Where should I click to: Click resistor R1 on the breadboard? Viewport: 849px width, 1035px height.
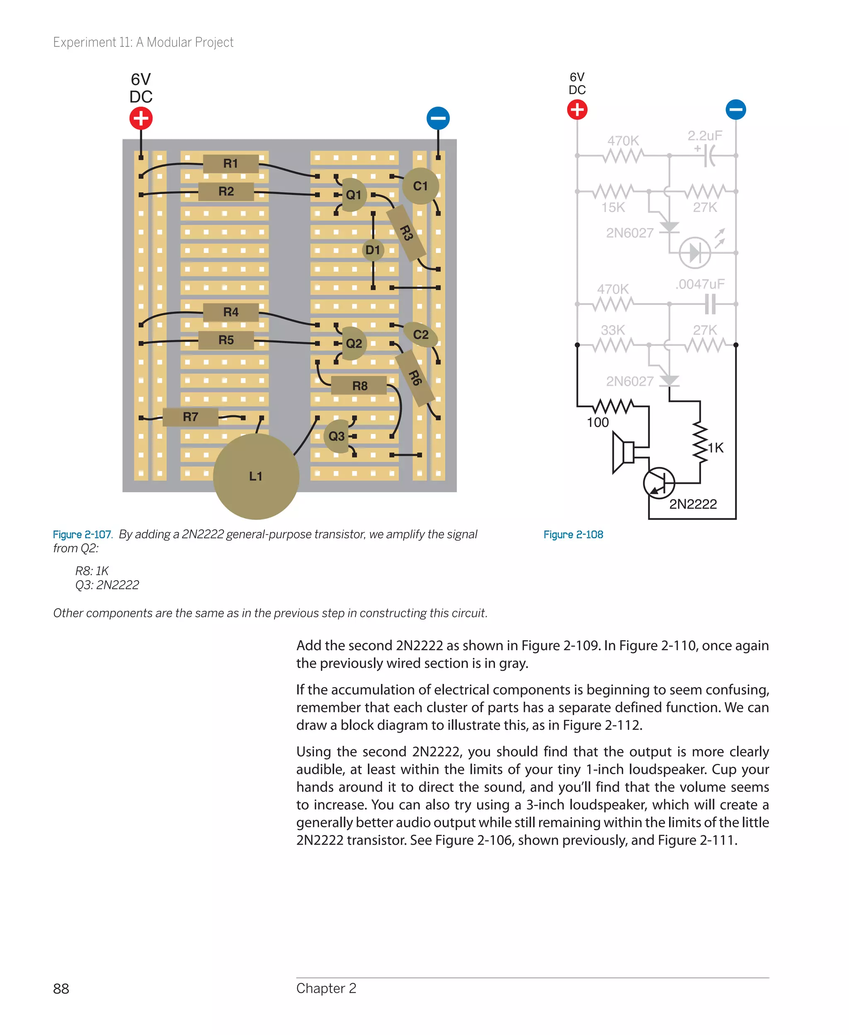pyautogui.click(x=230, y=163)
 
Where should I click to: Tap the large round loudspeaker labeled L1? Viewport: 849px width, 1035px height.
pyautogui.click(x=256, y=476)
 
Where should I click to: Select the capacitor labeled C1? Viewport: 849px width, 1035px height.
pyautogui.click(x=420, y=186)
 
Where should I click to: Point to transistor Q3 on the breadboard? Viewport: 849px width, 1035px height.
pyautogui.click(x=337, y=436)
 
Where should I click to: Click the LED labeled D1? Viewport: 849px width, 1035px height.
pyautogui.click(x=373, y=250)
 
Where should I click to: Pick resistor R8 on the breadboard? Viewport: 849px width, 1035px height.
pyautogui.click(x=359, y=386)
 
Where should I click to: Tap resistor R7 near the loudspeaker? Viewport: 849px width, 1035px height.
pyautogui.click(x=190, y=417)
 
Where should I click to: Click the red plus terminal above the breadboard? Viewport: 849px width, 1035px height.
pyautogui.click(x=141, y=118)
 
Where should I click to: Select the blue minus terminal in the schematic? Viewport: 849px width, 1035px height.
pyautogui.click(x=735, y=109)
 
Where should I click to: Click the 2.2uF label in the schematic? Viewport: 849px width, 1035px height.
pyautogui.click(x=705, y=136)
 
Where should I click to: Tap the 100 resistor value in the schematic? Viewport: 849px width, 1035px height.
pyautogui.click(x=598, y=423)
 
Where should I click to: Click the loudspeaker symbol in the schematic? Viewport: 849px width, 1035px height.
pyautogui.click(x=623, y=452)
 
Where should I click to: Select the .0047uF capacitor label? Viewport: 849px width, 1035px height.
pyautogui.click(x=700, y=284)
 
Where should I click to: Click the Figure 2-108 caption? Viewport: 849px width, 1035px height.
pyautogui.click(x=573, y=535)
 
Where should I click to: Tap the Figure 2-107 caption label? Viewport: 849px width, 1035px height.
pyautogui.click(x=82, y=535)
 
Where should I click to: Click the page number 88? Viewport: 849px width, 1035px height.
pyautogui.click(x=61, y=989)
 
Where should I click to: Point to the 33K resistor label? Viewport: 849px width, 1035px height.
pyautogui.click(x=613, y=330)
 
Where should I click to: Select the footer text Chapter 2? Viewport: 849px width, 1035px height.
pyautogui.click(x=326, y=988)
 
